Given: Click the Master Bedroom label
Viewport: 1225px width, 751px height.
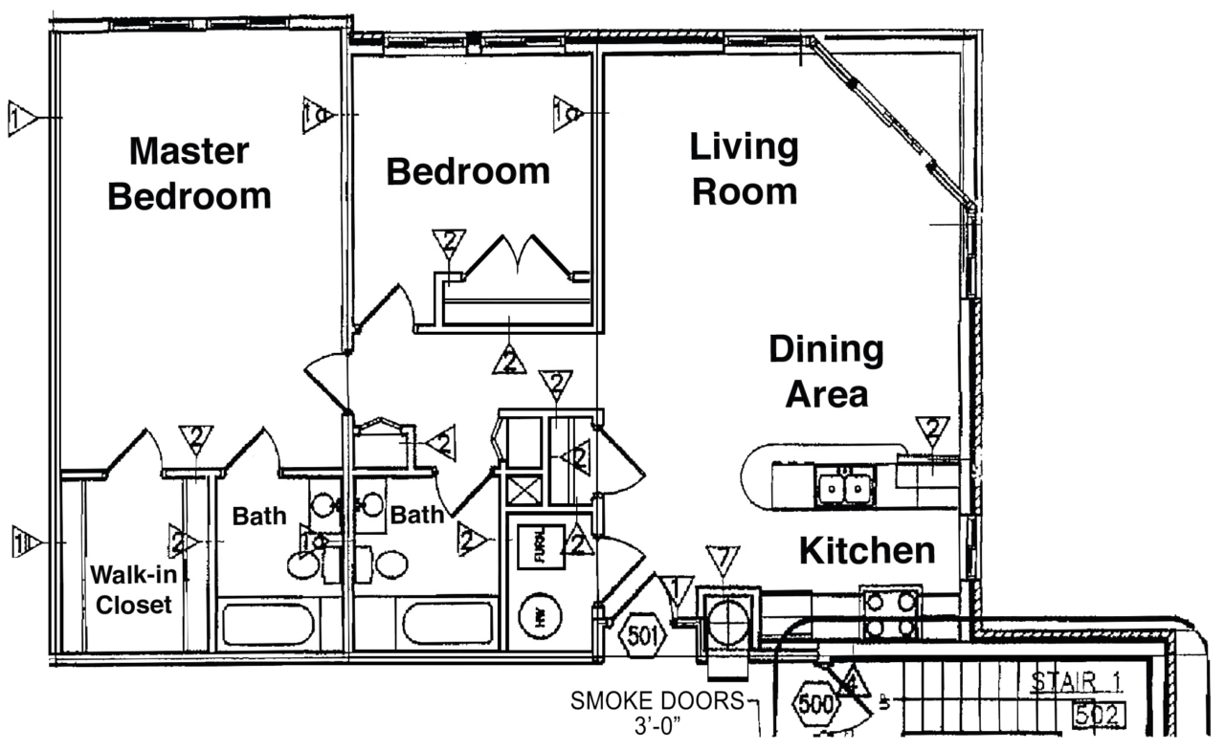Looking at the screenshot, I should (x=189, y=173).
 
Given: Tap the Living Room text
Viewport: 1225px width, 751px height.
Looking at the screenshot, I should (x=744, y=169).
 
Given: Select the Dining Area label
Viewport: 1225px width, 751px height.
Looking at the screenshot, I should (x=826, y=371).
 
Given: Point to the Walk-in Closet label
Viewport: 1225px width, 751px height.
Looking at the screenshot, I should (x=131, y=589).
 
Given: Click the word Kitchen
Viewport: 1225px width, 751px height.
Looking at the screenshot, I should (x=867, y=551).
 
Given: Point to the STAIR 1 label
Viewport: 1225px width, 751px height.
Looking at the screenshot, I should (x=1075, y=683).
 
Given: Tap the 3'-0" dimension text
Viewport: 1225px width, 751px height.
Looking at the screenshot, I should (x=661, y=725).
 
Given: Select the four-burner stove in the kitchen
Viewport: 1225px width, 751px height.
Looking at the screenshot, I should (x=890, y=614).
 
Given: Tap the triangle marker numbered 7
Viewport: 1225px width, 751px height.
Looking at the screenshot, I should (x=723, y=559).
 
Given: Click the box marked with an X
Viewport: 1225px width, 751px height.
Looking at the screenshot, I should (x=524, y=492).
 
